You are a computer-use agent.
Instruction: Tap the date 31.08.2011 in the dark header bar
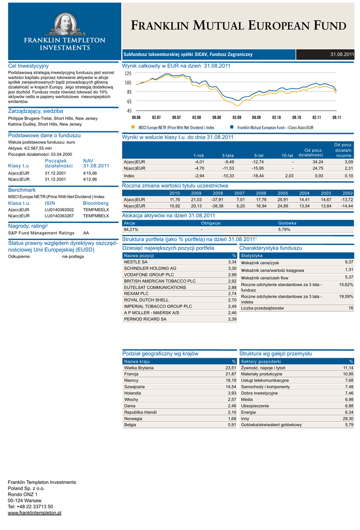tap(342, 54)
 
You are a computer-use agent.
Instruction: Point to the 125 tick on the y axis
tap(128, 73)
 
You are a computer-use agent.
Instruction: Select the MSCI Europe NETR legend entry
tap(176, 127)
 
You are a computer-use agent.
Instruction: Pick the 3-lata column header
tap(227, 155)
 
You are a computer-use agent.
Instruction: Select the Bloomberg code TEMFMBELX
tap(96, 216)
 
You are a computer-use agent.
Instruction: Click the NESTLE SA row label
tap(136, 262)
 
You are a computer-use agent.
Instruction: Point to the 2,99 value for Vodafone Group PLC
tap(232, 275)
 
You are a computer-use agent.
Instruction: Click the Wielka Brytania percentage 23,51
tap(230, 367)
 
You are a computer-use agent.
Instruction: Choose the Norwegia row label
tap(133, 418)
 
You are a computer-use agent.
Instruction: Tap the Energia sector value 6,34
tap(349, 412)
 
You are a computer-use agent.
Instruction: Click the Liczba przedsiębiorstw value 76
tap(351, 308)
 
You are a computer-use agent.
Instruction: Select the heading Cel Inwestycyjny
tap(28, 66)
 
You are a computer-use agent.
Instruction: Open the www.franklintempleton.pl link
tap(35, 512)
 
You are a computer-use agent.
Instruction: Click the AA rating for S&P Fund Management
tap(86, 233)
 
